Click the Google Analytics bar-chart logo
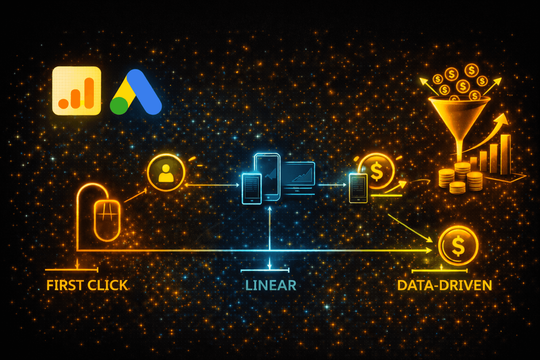tap(77, 91)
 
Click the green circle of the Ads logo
tap(119, 105)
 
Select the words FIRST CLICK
tap(87, 285)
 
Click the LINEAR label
tap(271, 285)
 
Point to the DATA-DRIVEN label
tap(444, 285)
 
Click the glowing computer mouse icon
tap(107, 219)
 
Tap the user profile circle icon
tap(166, 173)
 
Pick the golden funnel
tap(459, 116)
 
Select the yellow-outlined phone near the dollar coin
tap(358, 188)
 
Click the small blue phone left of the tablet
tap(251, 188)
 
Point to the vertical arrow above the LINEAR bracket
tap(270, 229)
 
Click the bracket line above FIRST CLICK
tap(71, 270)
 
